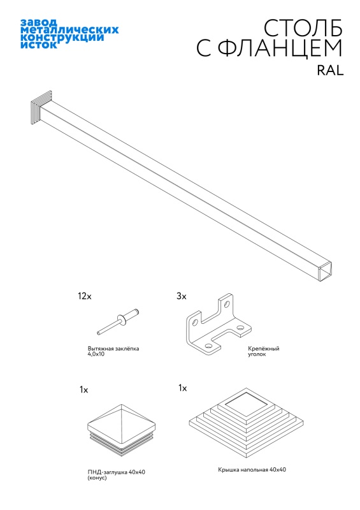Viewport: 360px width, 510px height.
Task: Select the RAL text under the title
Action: (x=330, y=70)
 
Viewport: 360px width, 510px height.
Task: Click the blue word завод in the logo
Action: (x=34, y=22)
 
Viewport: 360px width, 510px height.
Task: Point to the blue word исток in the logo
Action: (x=39, y=45)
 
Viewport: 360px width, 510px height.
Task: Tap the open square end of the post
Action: (x=326, y=270)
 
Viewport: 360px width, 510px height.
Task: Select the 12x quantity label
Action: (x=85, y=296)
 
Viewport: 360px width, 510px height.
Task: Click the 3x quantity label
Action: (x=182, y=296)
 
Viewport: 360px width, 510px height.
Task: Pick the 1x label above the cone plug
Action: (x=84, y=390)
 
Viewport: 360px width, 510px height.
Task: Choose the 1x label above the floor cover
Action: (x=182, y=388)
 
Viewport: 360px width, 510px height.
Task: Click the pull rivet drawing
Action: (x=118, y=321)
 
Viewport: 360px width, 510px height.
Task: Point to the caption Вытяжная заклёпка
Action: (x=113, y=348)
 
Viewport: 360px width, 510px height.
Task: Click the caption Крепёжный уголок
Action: (x=263, y=351)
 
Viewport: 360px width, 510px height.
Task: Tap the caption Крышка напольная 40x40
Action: (x=252, y=470)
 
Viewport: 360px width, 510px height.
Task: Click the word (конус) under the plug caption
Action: (x=97, y=477)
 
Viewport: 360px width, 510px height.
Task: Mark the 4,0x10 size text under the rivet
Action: (x=96, y=354)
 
